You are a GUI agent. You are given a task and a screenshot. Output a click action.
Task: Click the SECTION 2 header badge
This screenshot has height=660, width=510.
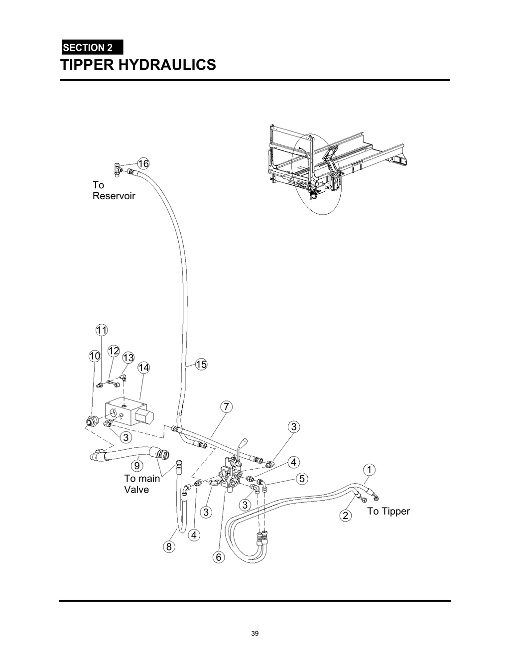click(x=92, y=48)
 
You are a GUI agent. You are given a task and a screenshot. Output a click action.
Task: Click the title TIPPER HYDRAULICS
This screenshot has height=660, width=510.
click(x=138, y=65)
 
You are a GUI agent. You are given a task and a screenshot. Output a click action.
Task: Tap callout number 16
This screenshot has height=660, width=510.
click(x=143, y=163)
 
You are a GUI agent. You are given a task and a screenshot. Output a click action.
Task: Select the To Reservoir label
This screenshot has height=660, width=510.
click(x=114, y=190)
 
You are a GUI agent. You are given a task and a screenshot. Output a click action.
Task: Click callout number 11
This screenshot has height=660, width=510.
click(x=102, y=330)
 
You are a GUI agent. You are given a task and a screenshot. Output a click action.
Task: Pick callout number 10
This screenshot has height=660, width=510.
click(x=95, y=356)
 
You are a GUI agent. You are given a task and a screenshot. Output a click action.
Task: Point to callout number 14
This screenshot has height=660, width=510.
click(x=144, y=368)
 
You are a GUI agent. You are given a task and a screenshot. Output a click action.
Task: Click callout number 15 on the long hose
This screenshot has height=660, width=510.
click(x=201, y=364)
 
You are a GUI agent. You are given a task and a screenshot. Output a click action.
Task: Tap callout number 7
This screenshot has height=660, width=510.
click(x=226, y=407)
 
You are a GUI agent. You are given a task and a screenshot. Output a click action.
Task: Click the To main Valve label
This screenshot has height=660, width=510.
click(x=142, y=484)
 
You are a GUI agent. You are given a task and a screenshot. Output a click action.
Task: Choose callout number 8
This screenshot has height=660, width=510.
click(x=169, y=547)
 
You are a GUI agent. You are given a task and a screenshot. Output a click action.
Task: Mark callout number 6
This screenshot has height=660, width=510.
click(x=219, y=557)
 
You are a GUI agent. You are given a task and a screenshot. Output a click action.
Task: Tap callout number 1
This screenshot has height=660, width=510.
click(x=369, y=469)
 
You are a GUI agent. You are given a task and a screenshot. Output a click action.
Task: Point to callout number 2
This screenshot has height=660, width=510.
click(x=346, y=515)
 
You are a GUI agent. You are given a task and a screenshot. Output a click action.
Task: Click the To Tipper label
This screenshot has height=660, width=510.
click(x=388, y=511)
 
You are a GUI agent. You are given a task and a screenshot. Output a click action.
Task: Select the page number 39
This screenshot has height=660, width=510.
click(x=255, y=634)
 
